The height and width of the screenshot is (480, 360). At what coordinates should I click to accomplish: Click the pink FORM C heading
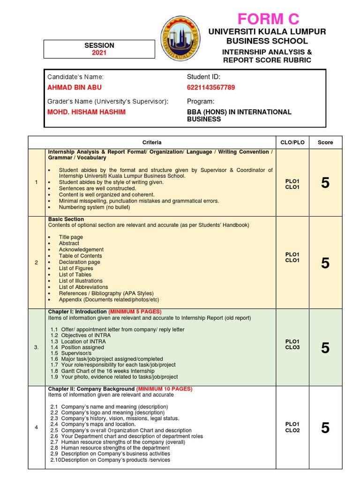268,19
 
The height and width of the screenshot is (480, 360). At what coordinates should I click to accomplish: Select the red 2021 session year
99,53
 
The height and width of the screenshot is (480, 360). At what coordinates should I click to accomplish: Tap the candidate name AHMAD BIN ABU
74,88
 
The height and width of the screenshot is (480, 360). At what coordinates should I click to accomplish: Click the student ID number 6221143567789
211,88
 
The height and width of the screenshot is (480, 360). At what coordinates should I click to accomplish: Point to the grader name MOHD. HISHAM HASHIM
86,112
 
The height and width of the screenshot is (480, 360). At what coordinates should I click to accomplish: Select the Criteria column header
152,142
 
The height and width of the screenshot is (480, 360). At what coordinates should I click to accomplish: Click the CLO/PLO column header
292,142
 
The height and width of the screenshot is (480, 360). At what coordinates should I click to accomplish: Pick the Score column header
325,142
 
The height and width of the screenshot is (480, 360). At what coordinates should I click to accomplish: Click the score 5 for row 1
325,183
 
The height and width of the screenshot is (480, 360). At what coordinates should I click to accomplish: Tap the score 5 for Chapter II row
325,427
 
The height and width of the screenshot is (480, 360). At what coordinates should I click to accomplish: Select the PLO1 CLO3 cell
292,345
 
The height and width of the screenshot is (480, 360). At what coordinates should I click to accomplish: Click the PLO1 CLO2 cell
292,427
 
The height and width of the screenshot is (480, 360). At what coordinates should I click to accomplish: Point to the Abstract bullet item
69,243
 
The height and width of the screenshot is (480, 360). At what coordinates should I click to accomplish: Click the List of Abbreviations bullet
83,287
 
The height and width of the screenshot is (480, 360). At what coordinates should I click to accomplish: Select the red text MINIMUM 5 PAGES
135,312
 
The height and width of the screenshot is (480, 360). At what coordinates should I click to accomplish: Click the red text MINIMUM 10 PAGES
164,389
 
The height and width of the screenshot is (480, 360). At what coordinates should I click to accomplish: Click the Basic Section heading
66,219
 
